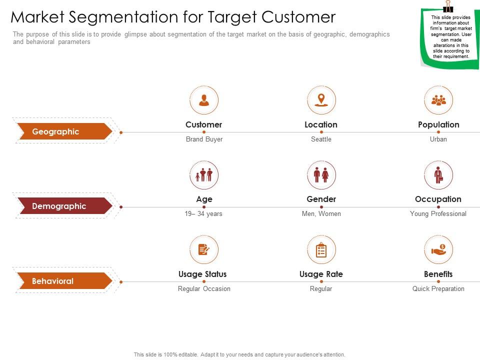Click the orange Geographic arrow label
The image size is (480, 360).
click(x=63, y=132)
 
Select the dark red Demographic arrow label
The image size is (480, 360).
click(x=63, y=206)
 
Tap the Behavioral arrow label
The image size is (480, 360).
click(x=63, y=281)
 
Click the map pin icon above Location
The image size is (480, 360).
click(x=321, y=99)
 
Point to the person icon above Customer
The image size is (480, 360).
click(x=204, y=100)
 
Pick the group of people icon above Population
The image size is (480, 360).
click(x=438, y=100)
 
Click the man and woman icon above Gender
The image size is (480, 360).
click(x=321, y=175)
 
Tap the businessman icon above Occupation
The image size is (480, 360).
click(x=438, y=175)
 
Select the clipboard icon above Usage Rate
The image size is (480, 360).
click(x=321, y=250)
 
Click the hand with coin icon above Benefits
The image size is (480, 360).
click(x=438, y=249)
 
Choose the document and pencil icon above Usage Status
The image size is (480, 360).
click(x=204, y=249)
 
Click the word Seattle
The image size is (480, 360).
click(x=321, y=139)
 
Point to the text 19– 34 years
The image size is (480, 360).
click(x=203, y=213)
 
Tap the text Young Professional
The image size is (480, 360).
click(x=438, y=213)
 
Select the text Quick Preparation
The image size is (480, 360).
click(x=438, y=288)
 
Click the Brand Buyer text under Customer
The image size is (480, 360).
click(x=204, y=139)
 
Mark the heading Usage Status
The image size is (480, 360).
click(x=202, y=274)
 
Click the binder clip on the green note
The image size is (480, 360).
click(x=447, y=6)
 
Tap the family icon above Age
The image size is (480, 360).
click(x=204, y=175)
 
